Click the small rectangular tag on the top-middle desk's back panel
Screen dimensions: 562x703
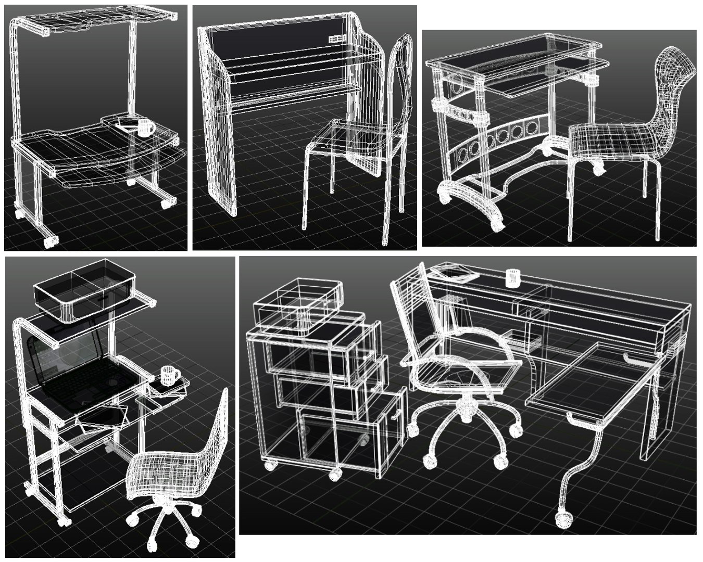pos(337,39)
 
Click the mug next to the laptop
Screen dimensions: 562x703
pos(169,375)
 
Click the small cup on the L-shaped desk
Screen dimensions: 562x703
pos(513,277)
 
